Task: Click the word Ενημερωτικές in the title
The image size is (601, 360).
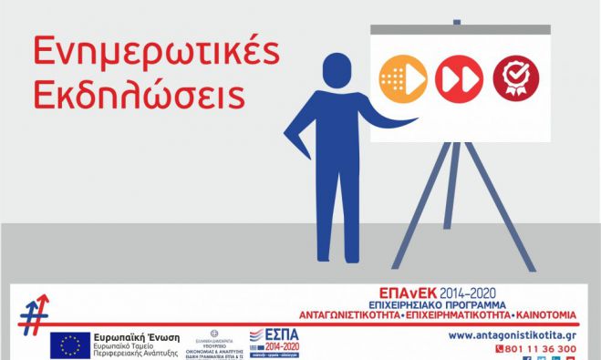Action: [154, 54]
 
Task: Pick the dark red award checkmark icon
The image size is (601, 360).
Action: [515, 77]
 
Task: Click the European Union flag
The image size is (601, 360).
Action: [69, 344]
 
